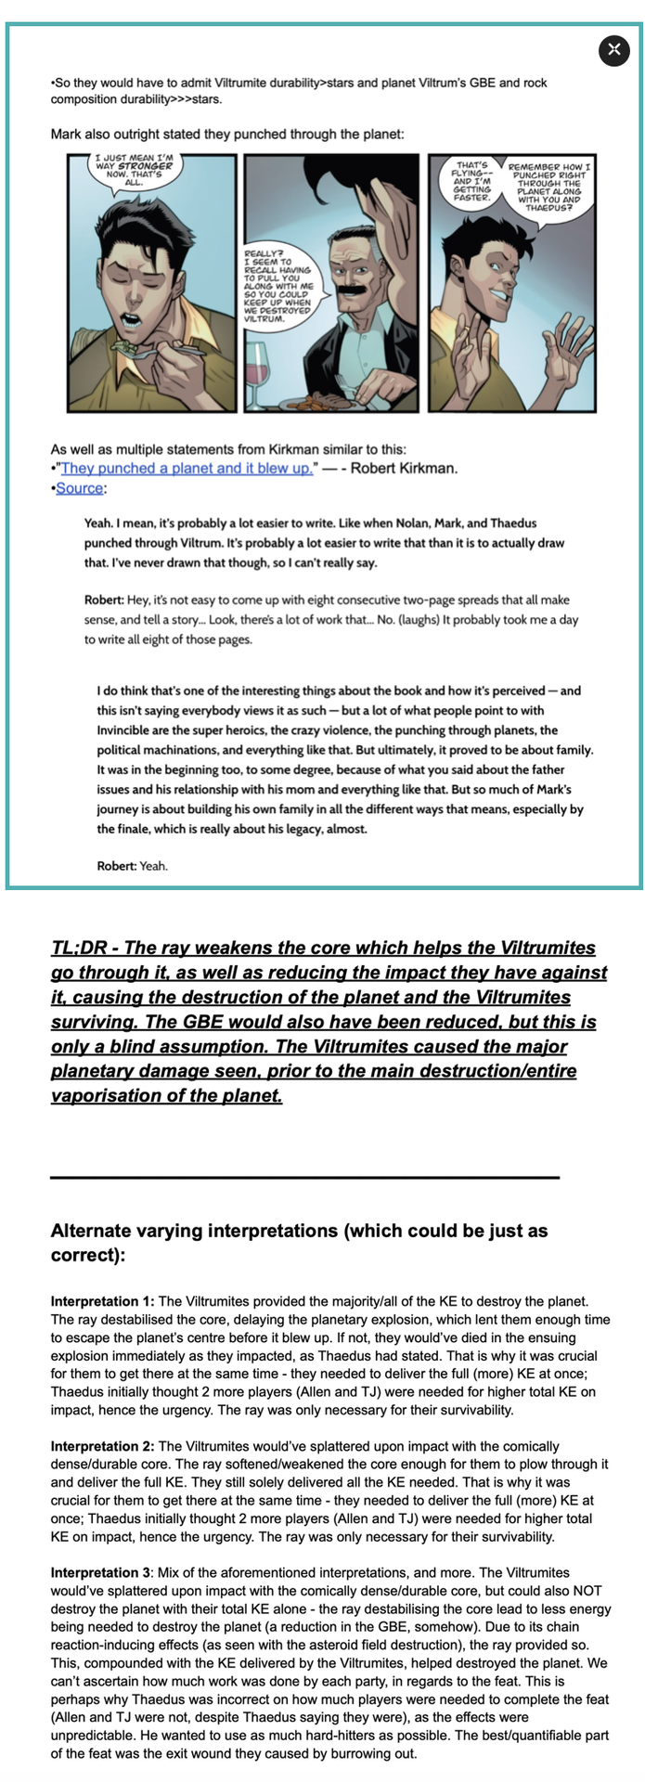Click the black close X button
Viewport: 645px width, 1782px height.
click(613, 50)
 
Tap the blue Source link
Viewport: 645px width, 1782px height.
click(79, 488)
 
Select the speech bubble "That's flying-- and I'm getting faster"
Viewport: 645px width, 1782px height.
click(471, 181)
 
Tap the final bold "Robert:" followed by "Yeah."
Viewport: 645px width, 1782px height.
click(116, 866)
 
